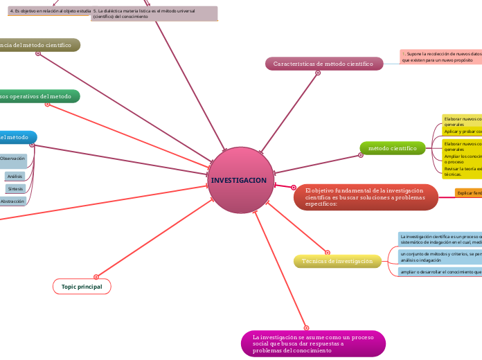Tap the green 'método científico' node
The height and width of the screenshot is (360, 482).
pyautogui.click(x=392, y=148)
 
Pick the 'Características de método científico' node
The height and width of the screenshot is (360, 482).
pyautogui.click(x=323, y=64)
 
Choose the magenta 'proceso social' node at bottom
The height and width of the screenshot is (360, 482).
pyautogui.click(x=313, y=343)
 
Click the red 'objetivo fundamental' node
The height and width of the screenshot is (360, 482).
pyautogui.click(x=364, y=197)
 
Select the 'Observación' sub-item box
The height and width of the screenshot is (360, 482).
pyautogui.click(x=12, y=159)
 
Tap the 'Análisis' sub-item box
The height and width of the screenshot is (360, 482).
pyautogui.click(x=15, y=177)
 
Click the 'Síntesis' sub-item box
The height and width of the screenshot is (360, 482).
pyautogui.click(x=15, y=188)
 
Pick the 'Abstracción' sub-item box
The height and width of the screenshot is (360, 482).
pyautogui.click(x=12, y=201)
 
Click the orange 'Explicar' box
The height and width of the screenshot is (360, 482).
pyautogui.click(x=469, y=192)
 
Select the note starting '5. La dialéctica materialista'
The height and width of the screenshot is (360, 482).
pyautogui.click(x=154, y=13)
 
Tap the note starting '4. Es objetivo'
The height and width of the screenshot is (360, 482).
pyautogui.click(x=49, y=11)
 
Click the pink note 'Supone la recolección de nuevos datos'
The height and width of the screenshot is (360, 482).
pyautogui.click(x=440, y=57)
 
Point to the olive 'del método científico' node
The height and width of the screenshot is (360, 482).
pyautogui.click(x=39, y=45)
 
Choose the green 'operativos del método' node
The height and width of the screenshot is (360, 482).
pyautogui.click(x=39, y=96)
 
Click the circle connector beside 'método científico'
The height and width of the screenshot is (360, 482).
pyautogui.click(x=361, y=155)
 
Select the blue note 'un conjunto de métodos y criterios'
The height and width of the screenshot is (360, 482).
pyautogui.click(x=440, y=257)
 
